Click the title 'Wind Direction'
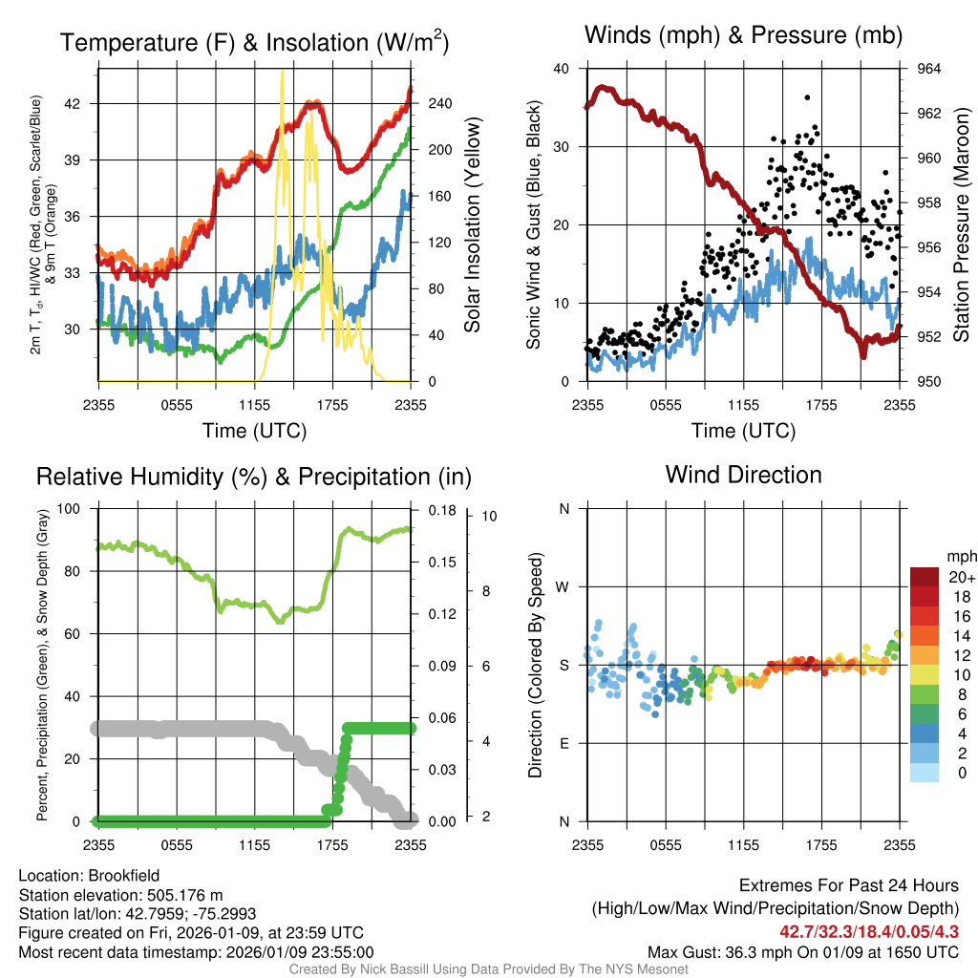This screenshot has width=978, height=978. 743,475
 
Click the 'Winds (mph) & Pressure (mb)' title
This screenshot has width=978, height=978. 743,36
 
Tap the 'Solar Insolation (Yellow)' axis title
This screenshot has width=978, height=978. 472,225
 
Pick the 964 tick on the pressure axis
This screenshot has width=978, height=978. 929,69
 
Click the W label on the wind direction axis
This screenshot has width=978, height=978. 564,586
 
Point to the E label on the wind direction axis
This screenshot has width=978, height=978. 564,743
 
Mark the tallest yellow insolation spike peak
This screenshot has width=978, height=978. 281,72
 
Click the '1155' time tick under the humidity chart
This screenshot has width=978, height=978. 254,844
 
